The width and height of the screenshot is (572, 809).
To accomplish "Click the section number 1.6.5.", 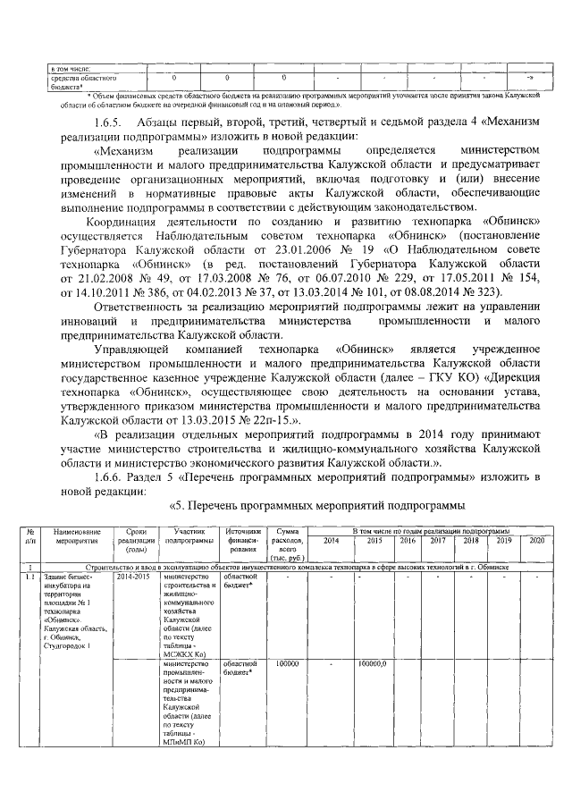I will [x=110, y=121].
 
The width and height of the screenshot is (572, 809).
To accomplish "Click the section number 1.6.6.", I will [x=109, y=478].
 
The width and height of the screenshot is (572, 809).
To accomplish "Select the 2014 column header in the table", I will [x=331, y=541].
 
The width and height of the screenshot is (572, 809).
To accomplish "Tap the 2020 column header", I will [x=536, y=541].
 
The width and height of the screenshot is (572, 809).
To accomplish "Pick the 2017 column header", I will [x=438, y=541].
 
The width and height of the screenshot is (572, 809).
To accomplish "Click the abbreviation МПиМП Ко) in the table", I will [x=182, y=741].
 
